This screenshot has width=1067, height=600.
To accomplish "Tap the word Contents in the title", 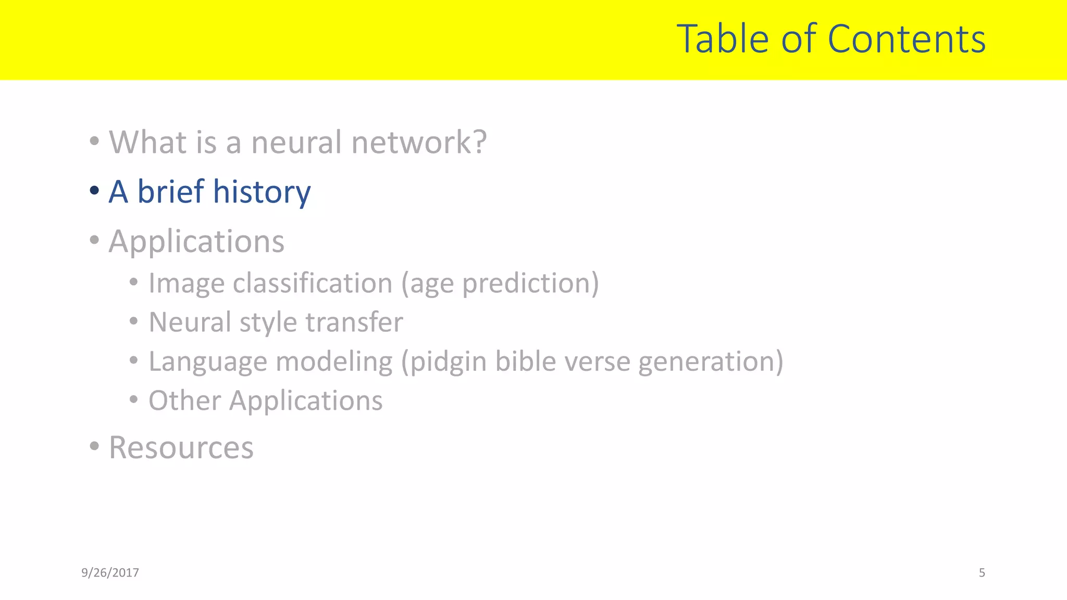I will (906, 39).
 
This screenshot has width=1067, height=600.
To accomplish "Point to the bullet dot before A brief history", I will (94, 191).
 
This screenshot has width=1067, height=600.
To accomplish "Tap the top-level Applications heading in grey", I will (196, 242).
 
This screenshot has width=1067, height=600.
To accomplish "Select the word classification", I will (313, 283).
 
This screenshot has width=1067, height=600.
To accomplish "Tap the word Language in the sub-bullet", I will (207, 362).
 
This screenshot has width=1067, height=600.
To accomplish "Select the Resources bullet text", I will (181, 447).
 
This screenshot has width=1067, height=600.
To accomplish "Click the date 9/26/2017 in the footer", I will (110, 573).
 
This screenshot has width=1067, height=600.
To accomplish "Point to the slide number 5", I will (982, 573).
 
